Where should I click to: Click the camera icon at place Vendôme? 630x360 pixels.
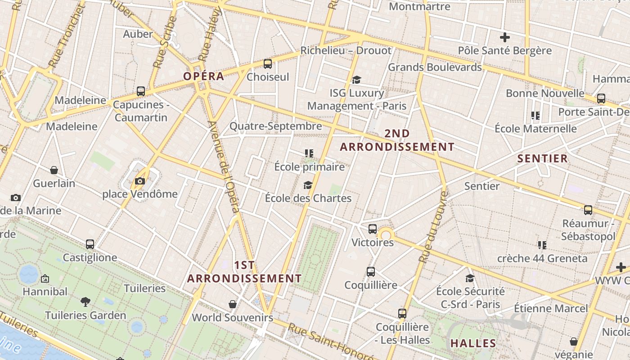coord(140,181)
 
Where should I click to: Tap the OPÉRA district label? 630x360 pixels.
coord(203,76)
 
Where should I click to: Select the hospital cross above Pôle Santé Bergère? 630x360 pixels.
coord(504,37)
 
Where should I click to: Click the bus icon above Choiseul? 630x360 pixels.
coord(268,63)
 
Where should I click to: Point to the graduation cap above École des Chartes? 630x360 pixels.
coord(308,185)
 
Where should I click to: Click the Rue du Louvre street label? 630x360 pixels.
coord(433,227)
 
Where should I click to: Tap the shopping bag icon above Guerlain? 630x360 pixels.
coord(54,170)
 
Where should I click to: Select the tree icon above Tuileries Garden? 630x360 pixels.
coord(85,301)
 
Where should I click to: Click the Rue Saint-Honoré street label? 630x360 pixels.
coord(330,342)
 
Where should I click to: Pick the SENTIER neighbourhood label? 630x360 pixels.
coord(542,158)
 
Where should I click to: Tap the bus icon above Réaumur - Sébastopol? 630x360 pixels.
coord(588,210)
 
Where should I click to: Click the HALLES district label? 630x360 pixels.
coord(473,343)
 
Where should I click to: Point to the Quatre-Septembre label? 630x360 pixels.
coord(276,126)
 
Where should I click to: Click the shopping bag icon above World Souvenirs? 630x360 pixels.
coord(233,304)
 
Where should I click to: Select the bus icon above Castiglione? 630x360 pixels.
coord(90,244)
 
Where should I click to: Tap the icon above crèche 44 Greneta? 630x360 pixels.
coord(542,245)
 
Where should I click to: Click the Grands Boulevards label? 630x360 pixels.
coord(435,67)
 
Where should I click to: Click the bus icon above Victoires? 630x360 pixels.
coord(372,229)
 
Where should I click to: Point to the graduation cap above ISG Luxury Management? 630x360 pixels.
coord(356,80)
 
